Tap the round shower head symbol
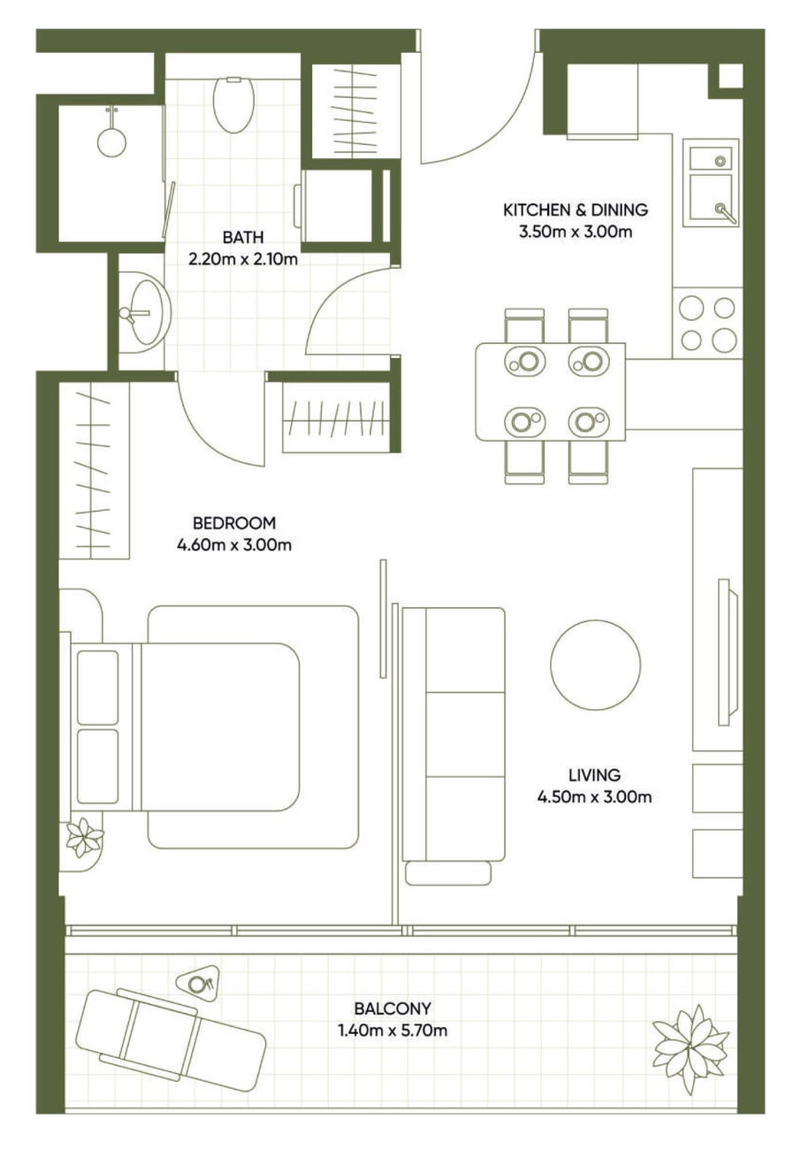click(111, 141)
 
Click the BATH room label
click(243, 238)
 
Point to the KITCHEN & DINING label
click(576, 209)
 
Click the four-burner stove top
click(707, 323)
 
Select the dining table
click(551, 392)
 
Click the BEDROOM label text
click(234, 522)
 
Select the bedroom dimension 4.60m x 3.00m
click(234, 544)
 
